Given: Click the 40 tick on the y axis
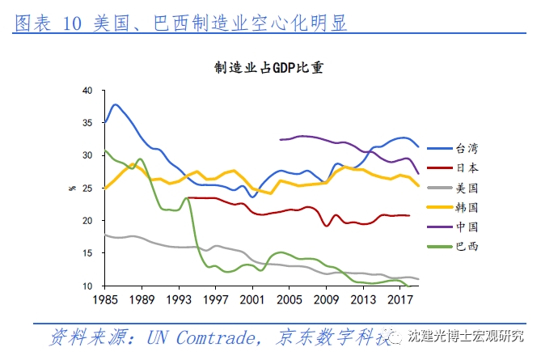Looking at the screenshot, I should (88, 90).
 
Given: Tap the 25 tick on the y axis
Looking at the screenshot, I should (88, 188).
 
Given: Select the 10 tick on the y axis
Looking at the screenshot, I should (88, 286).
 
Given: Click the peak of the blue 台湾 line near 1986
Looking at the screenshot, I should (116, 104).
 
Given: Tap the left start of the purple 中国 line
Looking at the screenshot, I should (280, 140).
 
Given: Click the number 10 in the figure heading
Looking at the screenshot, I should (71, 23).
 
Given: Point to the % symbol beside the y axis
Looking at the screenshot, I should (72, 188).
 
